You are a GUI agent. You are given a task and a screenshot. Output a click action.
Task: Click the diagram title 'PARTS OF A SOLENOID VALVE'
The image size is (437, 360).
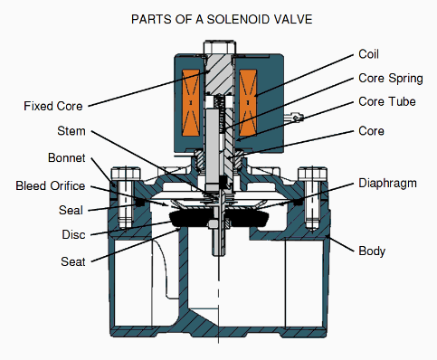(219, 19)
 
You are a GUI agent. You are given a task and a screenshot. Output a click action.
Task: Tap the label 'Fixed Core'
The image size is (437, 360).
(53, 106)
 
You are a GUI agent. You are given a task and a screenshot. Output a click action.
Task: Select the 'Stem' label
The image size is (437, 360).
(71, 131)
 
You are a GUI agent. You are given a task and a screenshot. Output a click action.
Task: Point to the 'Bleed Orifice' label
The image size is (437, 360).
(51, 185)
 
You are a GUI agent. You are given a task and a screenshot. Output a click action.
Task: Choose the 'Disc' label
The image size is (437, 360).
(71, 235)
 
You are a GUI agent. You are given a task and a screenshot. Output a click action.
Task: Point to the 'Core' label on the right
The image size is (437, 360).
(372, 131)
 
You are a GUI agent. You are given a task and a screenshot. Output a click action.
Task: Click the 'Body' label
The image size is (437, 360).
(373, 249)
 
